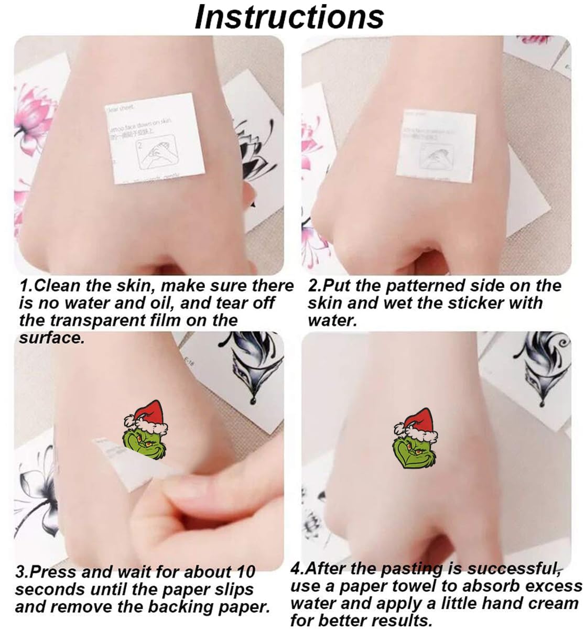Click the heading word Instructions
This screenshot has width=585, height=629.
click(289, 17)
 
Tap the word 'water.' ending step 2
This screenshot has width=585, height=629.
click(332, 320)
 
